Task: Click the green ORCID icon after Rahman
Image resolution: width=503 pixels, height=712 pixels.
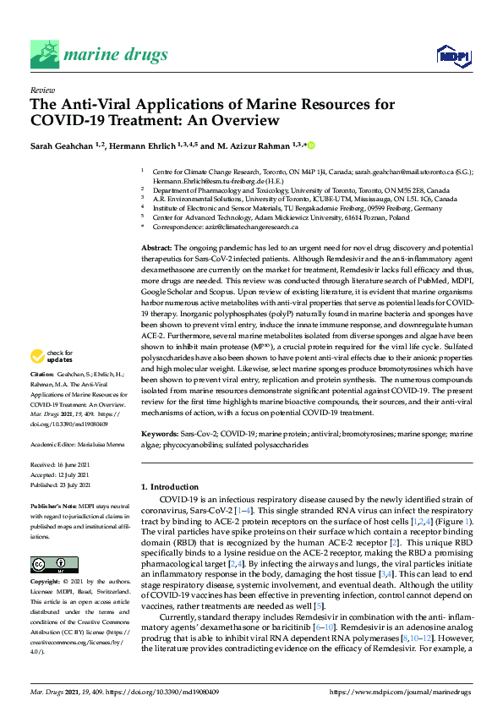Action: [311, 145]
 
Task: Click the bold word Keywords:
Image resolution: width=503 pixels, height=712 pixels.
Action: [158, 432]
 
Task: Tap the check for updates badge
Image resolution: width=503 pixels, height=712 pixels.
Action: [50, 379]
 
